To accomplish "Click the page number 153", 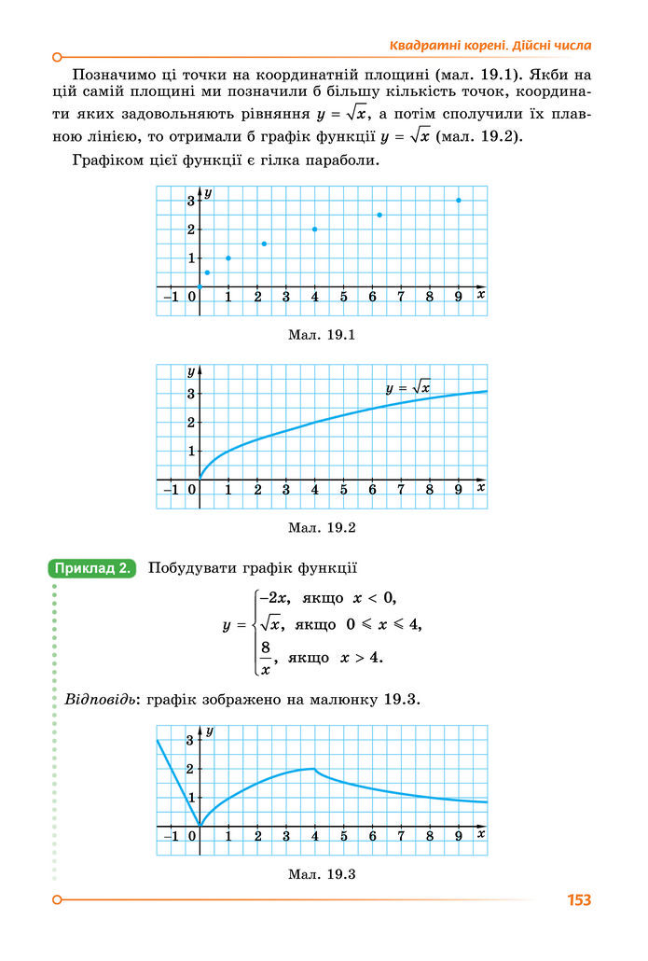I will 578,900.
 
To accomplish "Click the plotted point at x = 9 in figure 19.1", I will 459,201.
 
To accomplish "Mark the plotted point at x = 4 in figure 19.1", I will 315,230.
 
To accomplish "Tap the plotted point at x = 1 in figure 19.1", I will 228,258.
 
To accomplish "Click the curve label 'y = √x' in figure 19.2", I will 407,387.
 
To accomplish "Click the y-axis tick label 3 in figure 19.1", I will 190,201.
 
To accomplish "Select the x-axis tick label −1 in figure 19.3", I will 171,836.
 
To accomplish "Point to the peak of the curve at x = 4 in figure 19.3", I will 315,769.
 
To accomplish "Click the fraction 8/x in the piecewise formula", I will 266,657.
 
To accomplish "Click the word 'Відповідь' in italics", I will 99,700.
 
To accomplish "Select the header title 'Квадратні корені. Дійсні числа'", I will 489,46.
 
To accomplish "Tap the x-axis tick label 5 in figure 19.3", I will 343,836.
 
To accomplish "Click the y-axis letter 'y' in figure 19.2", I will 191,371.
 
